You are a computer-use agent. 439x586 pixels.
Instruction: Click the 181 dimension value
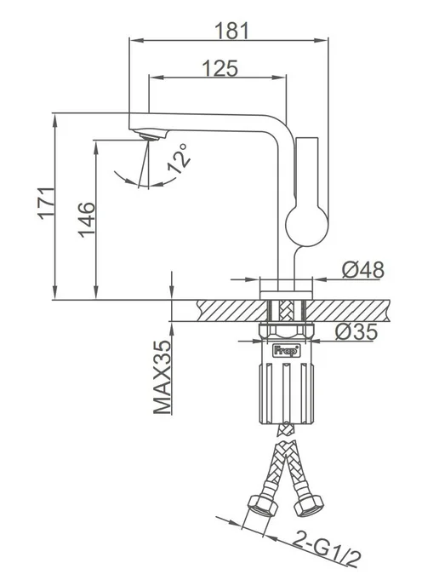(x=231, y=31)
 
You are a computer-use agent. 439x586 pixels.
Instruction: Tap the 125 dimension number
(x=219, y=68)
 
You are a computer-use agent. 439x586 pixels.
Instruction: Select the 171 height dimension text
(x=47, y=204)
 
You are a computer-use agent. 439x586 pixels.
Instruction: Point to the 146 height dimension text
(x=87, y=220)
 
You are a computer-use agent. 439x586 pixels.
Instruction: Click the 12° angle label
(x=178, y=158)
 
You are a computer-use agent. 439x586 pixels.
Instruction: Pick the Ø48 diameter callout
(x=362, y=270)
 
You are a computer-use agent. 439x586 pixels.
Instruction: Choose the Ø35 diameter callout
(x=356, y=331)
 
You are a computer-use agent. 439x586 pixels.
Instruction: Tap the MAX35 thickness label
(x=162, y=377)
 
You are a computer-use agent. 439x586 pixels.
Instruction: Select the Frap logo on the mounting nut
(x=287, y=351)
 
